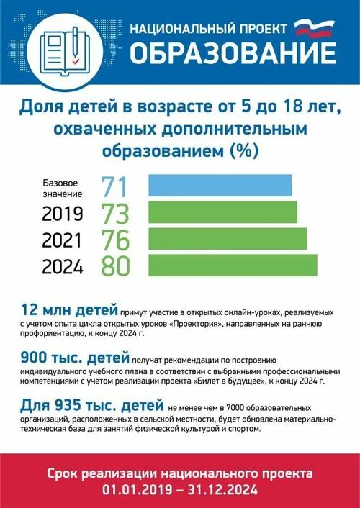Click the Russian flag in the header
(x=315, y=28)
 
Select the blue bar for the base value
(x=220, y=186)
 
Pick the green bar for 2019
(x=222, y=212)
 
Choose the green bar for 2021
(x=227, y=239)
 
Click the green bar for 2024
(x=232, y=265)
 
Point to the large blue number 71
(x=114, y=187)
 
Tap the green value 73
(x=115, y=213)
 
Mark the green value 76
(x=115, y=240)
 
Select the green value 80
(x=115, y=266)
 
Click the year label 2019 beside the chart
(x=63, y=214)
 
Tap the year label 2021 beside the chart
(x=63, y=240)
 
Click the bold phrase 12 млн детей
(x=69, y=310)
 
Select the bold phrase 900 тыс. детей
(x=76, y=357)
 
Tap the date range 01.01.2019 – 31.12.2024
(x=180, y=489)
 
